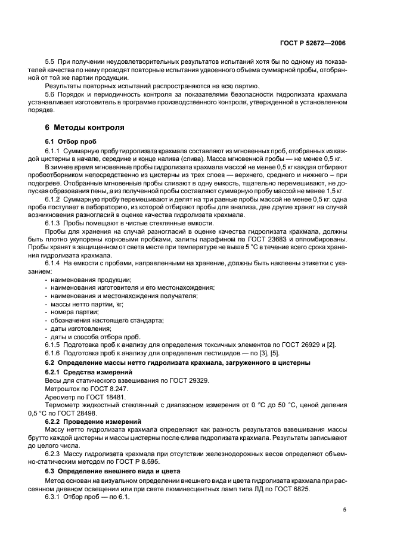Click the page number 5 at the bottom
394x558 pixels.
click(345, 510)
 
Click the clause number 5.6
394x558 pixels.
click(50, 94)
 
